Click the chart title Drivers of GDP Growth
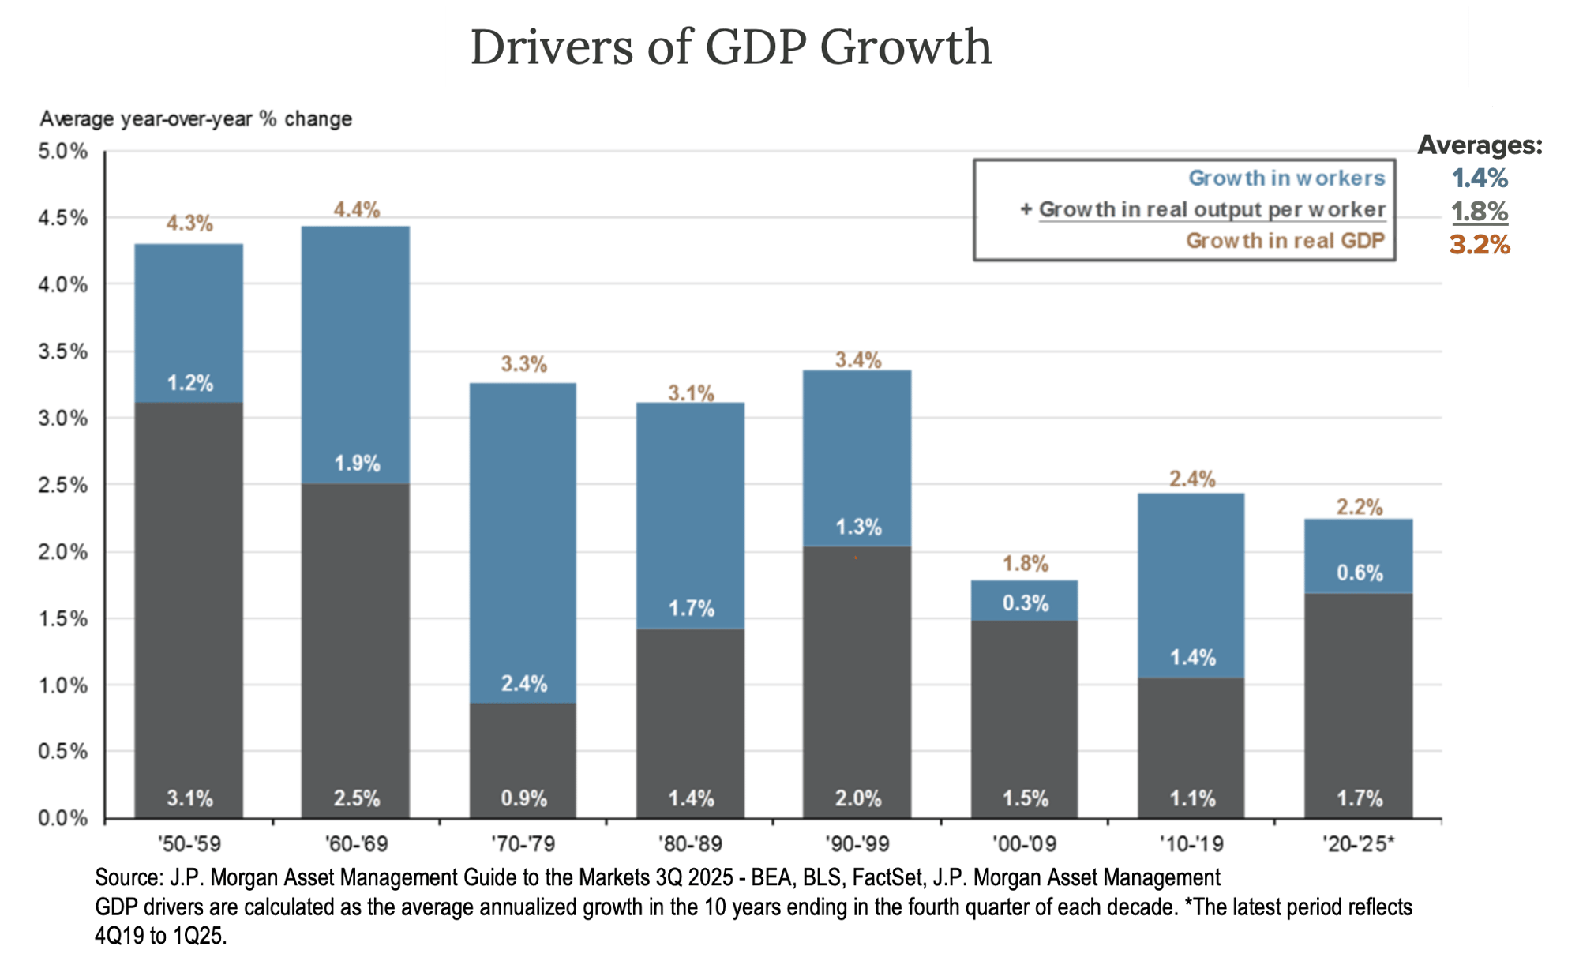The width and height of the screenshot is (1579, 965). [730, 47]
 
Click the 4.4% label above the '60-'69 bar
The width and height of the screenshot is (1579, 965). [356, 209]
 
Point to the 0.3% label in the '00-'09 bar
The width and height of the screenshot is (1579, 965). [1025, 603]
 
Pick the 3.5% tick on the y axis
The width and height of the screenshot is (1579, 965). [62, 351]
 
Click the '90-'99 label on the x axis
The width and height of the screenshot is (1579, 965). [857, 844]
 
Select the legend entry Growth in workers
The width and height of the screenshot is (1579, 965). [1286, 178]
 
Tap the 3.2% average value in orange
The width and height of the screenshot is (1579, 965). [1479, 245]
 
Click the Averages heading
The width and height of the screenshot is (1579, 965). [1479, 145]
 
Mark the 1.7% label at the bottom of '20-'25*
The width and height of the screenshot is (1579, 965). [1359, 798]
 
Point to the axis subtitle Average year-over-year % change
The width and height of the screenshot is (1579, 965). [196, 119]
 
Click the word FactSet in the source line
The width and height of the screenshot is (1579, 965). [889, 877]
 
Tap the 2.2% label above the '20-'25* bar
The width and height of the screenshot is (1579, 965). [1359, 507]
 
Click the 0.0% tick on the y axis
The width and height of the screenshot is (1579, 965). [62, 818]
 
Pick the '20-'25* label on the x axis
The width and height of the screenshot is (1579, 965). [1359, 844]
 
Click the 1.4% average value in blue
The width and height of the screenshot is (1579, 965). [1479, 178]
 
